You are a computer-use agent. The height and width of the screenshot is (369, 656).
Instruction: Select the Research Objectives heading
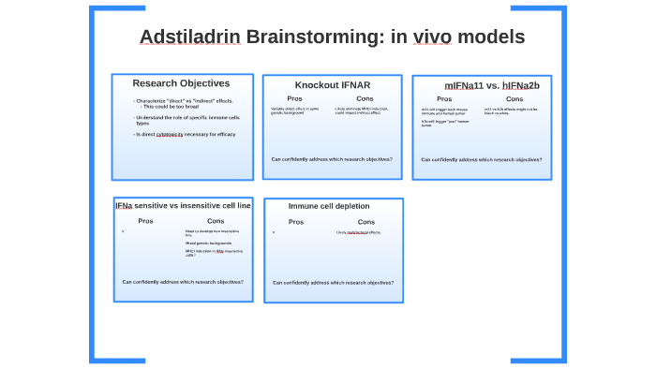(181, 83)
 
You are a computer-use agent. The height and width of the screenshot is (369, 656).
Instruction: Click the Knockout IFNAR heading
(332, 85)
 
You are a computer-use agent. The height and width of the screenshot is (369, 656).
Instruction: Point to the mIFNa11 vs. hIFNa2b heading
(491, 85)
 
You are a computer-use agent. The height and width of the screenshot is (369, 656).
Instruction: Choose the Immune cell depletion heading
(328, 206)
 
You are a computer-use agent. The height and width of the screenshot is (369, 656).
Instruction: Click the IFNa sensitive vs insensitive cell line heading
(183, 205)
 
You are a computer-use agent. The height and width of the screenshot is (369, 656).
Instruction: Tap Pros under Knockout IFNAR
(294, 98)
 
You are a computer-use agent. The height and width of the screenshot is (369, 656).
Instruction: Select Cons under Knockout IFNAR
(365, 98)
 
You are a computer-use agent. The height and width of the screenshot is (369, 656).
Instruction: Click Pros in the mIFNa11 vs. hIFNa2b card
(444, 99)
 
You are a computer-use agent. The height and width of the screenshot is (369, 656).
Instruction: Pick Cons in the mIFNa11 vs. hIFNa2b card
(514, 99)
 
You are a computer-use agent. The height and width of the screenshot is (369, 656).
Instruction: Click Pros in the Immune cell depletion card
(296, 222)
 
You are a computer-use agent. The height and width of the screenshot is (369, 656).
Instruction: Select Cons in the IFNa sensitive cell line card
(216, 221)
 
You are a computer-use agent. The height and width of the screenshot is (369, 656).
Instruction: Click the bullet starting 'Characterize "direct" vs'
(185, 100)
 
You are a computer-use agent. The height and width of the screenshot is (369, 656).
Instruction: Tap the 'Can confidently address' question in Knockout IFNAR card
(332, 159)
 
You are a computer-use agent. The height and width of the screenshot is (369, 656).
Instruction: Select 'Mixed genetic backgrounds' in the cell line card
(208, 243)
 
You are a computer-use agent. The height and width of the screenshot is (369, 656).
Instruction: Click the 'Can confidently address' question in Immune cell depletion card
(333, 282)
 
